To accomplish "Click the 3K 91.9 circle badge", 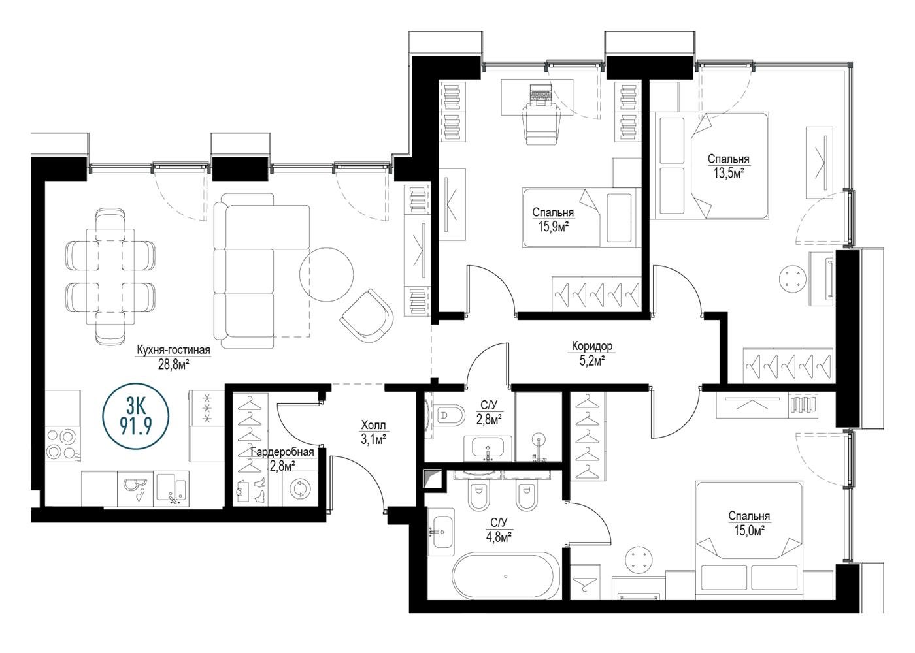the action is [136, 417].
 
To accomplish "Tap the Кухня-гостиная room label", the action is [174, 350].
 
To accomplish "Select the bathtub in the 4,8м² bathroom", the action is [506, 576].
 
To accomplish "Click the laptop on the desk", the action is [541, 95].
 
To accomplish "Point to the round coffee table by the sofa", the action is [326, 275].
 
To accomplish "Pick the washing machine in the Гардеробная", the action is [300, 488].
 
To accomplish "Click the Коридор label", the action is [592, 347].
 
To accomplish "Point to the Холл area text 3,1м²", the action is [374, 440].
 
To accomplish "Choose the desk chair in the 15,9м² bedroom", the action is [542, 123].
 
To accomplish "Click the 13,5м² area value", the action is [729, 174].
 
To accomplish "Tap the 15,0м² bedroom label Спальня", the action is [749, 516].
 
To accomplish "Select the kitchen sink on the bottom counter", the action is [172, 489].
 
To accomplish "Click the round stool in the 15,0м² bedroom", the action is [639, 560].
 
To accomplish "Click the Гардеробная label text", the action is [282, 452].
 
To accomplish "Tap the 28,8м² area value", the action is [173, 364].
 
